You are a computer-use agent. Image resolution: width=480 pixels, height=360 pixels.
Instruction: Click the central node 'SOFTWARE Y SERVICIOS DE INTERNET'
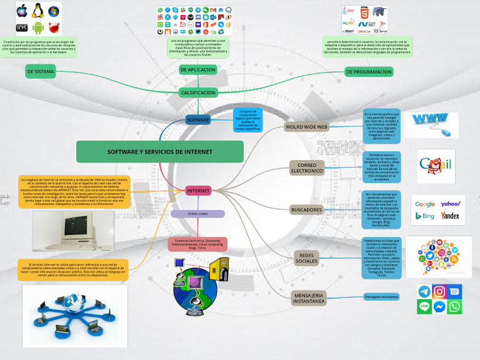pos(159,152)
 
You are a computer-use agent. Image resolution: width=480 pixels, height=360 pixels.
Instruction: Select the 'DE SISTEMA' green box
pos(40,72)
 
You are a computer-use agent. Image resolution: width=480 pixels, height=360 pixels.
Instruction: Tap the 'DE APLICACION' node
pos(197,70)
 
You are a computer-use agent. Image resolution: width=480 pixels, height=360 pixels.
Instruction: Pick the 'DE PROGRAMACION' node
pos(369,72)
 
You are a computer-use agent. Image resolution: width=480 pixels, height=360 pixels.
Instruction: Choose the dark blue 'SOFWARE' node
pos(197,119)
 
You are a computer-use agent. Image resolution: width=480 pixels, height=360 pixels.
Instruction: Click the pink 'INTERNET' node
pos(197,191)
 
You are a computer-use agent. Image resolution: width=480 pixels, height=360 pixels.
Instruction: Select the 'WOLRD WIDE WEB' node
pos(306,127)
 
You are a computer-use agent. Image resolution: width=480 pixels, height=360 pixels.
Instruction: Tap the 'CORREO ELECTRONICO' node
pos(306,167)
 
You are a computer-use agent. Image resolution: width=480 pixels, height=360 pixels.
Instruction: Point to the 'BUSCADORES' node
pos(306,209)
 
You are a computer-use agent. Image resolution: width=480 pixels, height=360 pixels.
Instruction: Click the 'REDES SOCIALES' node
pos(306,257)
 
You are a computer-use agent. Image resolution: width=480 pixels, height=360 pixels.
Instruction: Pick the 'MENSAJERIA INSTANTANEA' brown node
pos(309,297)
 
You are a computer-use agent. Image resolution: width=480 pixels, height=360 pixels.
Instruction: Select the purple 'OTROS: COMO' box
pos(197,214)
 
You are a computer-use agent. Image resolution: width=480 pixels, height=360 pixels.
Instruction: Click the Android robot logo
pos(38,27)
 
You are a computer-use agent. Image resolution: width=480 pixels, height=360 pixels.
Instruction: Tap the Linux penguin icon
pos(38,11)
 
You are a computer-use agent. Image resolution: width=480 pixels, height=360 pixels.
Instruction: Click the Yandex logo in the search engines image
pos(449,216)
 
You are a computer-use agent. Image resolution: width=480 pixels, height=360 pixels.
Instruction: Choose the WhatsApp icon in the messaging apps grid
pos(455,306)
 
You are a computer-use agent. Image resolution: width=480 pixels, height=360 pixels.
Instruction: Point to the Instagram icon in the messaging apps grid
pos(439,291)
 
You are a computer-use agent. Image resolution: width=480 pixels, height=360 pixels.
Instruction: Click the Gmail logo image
pos(436,165)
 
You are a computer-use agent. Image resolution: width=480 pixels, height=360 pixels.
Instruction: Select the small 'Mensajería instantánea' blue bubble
pos(381,296)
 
